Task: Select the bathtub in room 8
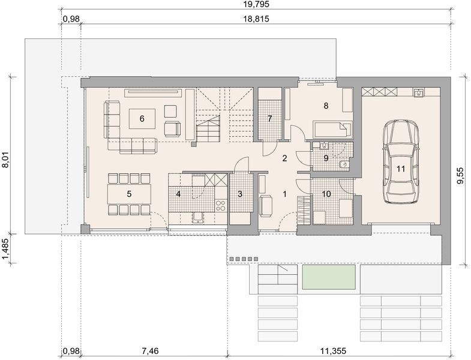(x=332, y=130)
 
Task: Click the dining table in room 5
(x=128, y=194)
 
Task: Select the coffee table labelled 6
(x=142, y=118)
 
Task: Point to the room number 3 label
(x=239, y=194)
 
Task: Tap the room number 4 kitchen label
(x=178, y=194)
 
